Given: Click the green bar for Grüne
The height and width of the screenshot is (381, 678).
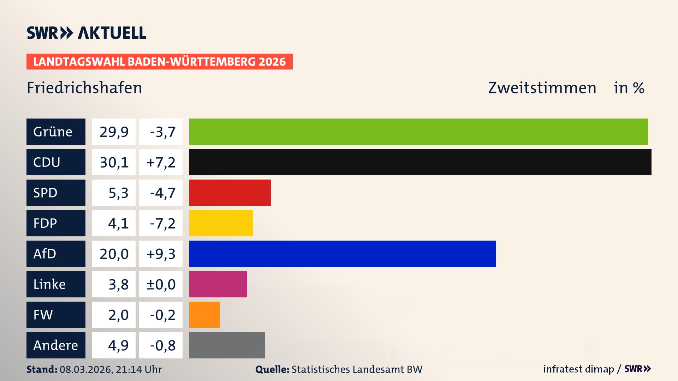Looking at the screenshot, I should pyautogui.click(x=418, y=132).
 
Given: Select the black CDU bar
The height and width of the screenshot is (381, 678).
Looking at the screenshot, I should pyautogui.click(x=420, y=162).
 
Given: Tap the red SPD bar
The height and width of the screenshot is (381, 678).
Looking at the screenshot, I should pyautogui.click(x=230, y=193).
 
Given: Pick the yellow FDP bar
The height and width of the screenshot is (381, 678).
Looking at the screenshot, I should pyautogui.click(x=221, y=223).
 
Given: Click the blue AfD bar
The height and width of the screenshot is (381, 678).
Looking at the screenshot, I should pyautogui.click(x=343, y=254).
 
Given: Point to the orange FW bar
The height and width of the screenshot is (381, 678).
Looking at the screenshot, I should pyautogui.click(x=204, y=315).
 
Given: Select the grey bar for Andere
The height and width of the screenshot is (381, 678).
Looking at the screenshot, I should pyautogui.click(x=227, y=345).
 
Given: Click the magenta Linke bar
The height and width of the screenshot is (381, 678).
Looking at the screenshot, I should pyautogui.click(x=218, y=284).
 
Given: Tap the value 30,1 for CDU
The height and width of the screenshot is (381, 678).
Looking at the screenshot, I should pyautogui.click(x=114, y=162).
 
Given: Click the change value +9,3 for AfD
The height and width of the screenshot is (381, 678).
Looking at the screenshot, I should pyautogui.click(x=161, y=254).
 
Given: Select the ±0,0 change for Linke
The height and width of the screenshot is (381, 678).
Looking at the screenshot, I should pyautogui.click(x=161, y=284).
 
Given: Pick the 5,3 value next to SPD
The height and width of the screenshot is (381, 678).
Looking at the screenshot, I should pyautogui.click(x=118, y=193).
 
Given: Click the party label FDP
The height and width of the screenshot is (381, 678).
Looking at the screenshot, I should pyautogui.click(x=45, y=223).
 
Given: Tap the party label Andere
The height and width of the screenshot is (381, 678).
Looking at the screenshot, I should pyautogui.click(x=55, y=345).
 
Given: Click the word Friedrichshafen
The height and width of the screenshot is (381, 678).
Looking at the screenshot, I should pyautogui.click(x=84, y=88).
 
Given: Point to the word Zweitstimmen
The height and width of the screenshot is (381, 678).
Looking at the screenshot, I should pyautogui.click(x=542, y=88).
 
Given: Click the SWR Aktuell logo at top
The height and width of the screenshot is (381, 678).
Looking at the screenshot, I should pyautogui.click(x=87, y=33).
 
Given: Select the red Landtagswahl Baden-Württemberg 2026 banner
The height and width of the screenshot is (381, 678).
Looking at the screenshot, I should pyautogui.click(x=159, y=62).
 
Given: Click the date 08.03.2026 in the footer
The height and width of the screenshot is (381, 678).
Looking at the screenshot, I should pyautogui.click(x=86, y=369).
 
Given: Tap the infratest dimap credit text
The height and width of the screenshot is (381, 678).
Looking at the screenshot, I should pyautogui.click(x=578, y=369).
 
